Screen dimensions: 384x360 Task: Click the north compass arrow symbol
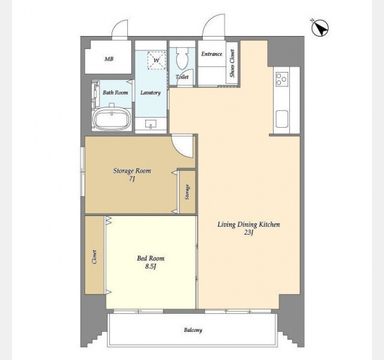point(320,28)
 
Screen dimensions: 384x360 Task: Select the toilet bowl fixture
point(182,59)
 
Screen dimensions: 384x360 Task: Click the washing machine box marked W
point(157,60)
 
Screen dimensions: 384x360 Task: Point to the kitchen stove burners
point(281,79)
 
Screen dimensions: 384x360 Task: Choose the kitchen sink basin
point(281,119)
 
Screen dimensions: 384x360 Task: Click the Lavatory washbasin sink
point(151,124)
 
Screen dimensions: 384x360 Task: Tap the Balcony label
point(193,330)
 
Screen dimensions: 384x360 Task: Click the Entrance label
point(212,54)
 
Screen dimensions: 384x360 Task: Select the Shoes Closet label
point(232,63)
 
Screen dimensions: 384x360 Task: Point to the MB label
point(109,59)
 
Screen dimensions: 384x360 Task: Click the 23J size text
point(248,232)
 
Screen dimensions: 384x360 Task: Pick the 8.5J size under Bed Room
point(151,266)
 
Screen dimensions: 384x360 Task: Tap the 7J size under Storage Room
point(132,179)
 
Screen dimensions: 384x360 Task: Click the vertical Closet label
point(95,257)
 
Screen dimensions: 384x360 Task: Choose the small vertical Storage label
point(188,192)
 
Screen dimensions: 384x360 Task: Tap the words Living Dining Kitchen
point(248,224)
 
